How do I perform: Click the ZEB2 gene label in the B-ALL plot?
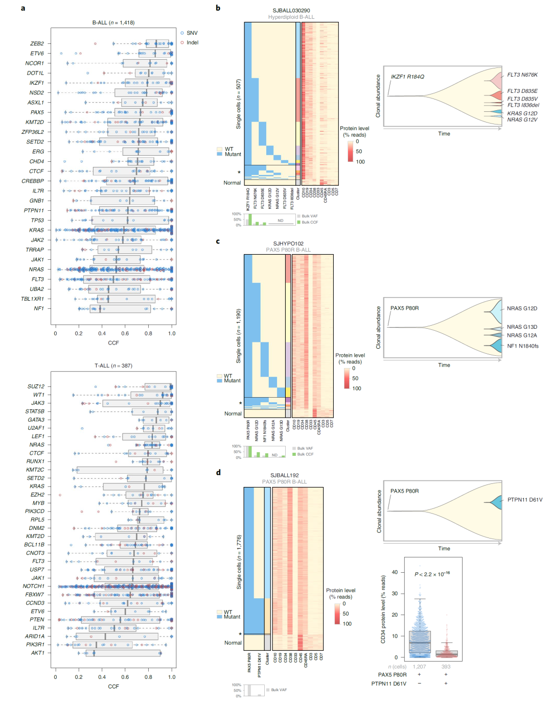[x=37, y=44]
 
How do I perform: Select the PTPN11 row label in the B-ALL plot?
[x=34, y=210]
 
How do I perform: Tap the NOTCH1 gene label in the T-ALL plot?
[x=33, y=586]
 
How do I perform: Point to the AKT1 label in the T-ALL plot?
[x=38, y=653]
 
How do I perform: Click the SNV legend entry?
[x=192, y=33]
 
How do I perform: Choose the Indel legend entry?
[x=192, y=43]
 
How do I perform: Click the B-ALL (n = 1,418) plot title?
[x=113, y=22]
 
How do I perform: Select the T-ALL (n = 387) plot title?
[x=113, y=365]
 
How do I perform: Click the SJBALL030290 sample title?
[x=291, y=11]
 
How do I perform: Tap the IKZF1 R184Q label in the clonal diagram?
[x=407, y=77]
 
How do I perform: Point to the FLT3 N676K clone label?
[x=522, y=75]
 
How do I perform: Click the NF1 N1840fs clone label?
[x=522, y=346]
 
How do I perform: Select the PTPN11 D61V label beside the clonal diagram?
[x=524, y=500]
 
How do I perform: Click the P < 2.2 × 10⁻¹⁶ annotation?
[x=432, y=574]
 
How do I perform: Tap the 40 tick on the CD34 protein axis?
[x=395, y=572]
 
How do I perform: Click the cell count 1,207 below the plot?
[x=419, y=667]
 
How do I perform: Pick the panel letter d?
[x=218, y=472]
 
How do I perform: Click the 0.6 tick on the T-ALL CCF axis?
[x=125, y=677]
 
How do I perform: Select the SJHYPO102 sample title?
[x=288, y=243]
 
